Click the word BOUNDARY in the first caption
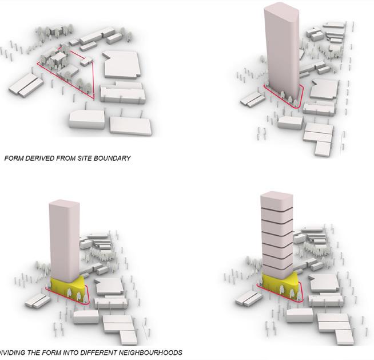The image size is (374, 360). point(111,158)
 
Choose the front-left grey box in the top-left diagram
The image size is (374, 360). point(87,120)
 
